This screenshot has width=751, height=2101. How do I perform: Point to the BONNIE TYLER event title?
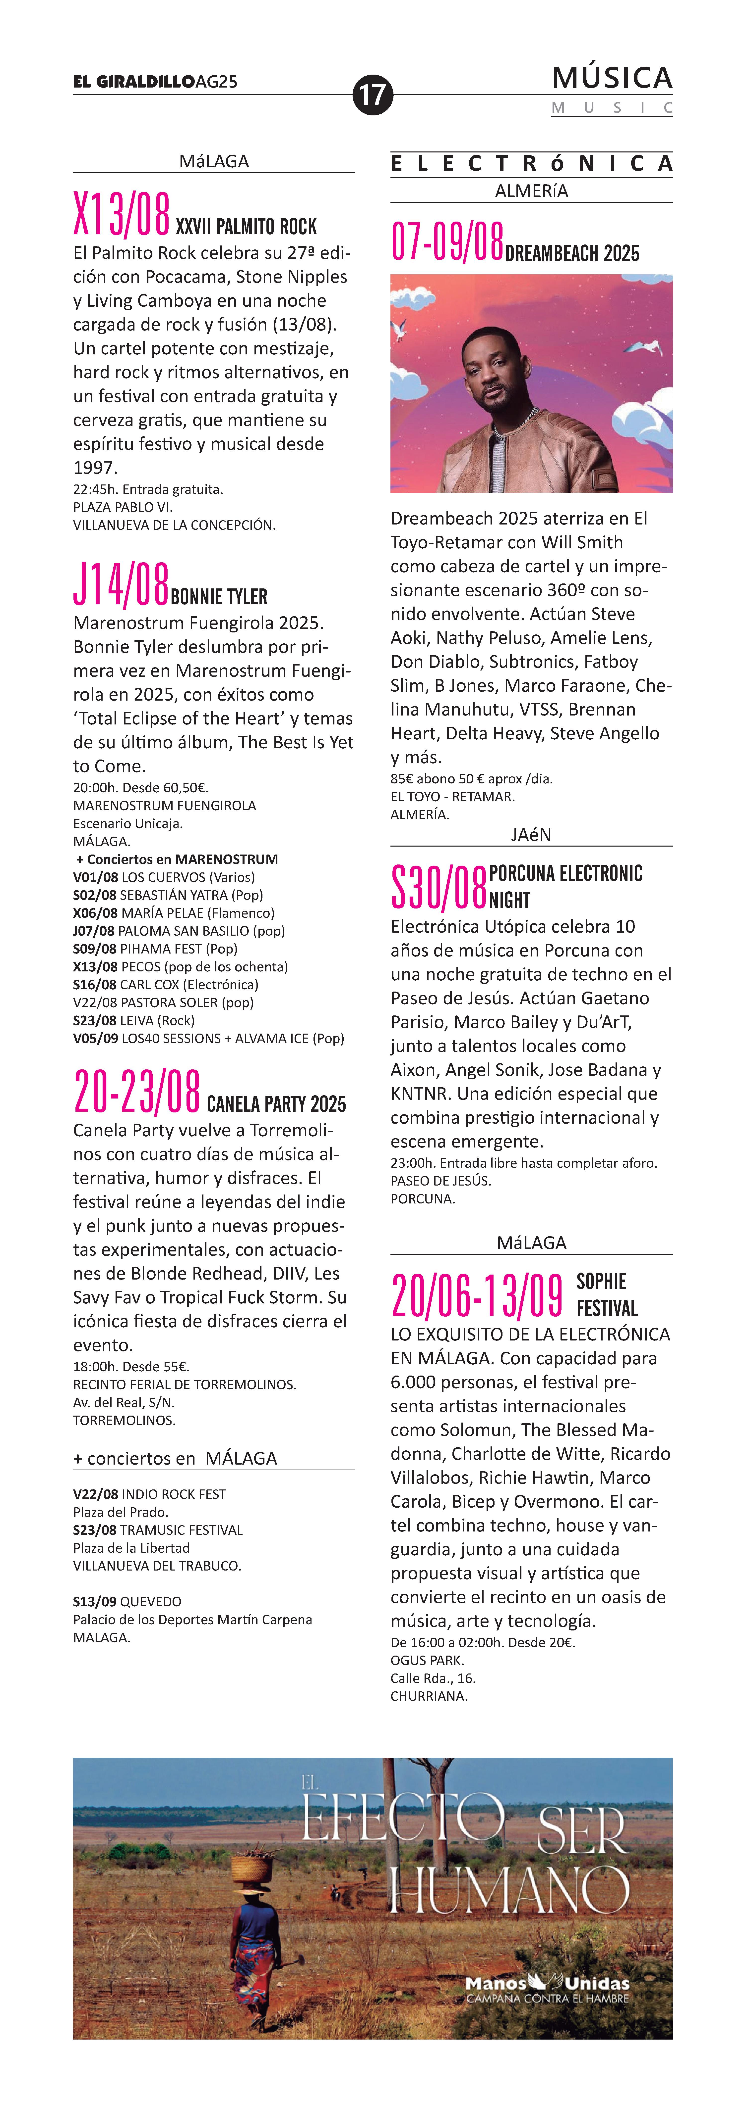coord(219,597)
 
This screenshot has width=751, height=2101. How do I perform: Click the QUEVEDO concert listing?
coord(127,1601)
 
